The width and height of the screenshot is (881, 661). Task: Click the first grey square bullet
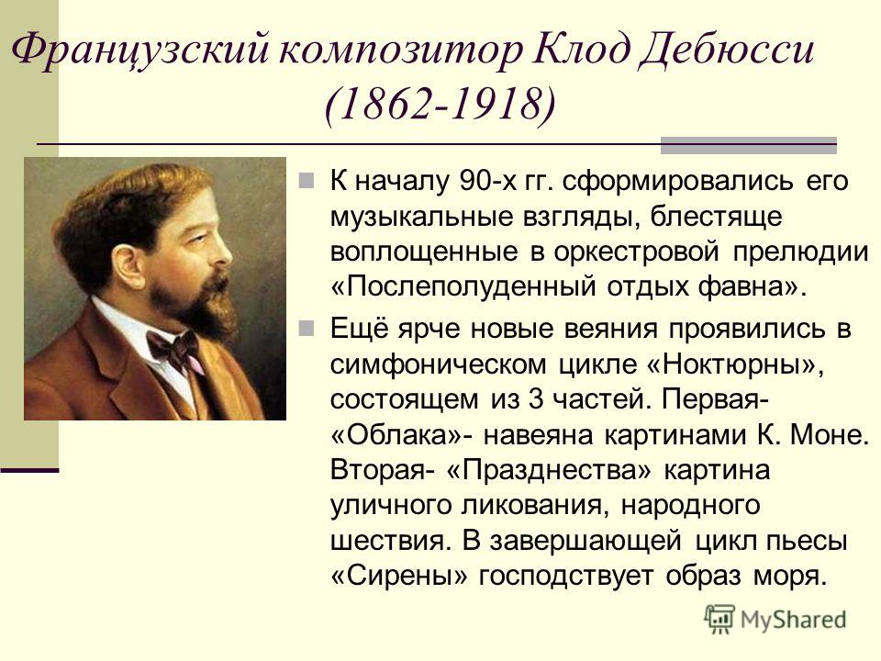click(x=307, y=180)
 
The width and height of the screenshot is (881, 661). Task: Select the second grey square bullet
click(x=307, y=329)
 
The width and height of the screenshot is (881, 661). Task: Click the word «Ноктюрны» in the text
click(x=735, y=364)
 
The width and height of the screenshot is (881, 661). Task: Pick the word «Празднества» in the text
click(x=549, y=470)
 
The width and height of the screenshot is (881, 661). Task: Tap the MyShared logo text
click(x=793, y=621)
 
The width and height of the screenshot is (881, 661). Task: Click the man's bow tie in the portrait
click(x=175, y=347)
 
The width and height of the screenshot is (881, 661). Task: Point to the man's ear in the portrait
click(x=127, y=264)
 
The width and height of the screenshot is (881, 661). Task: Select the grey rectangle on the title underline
click(x=749, y=145)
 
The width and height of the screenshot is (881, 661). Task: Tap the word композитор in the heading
click(x=401, y=50)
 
